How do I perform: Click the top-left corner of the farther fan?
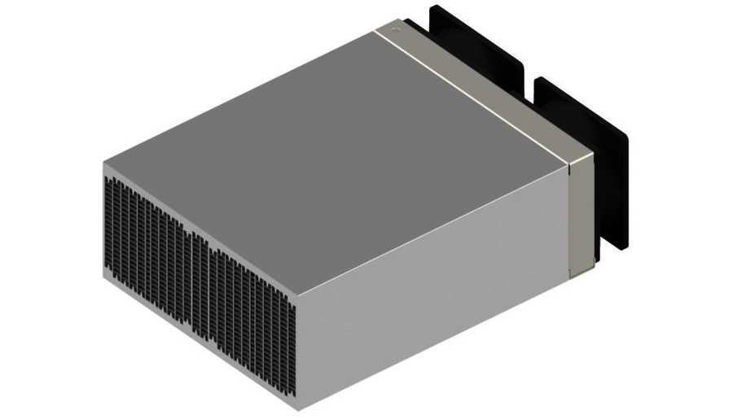click(x=432, y=6)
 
